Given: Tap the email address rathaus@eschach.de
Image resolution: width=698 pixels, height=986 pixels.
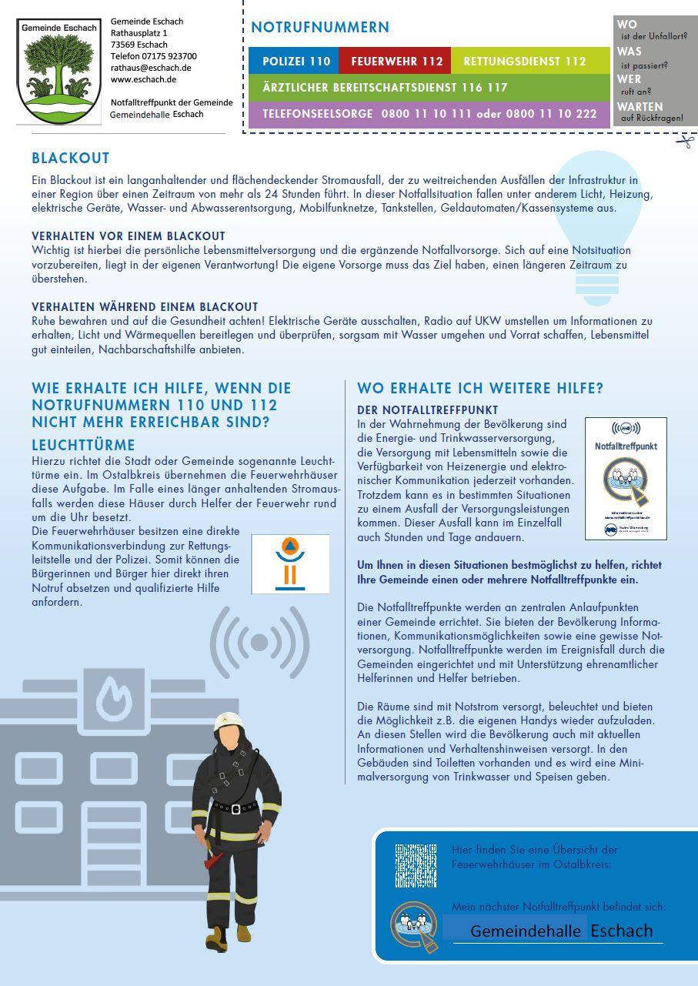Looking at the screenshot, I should point(151,68).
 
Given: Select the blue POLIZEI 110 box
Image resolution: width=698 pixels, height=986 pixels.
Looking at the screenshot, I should point(296,62).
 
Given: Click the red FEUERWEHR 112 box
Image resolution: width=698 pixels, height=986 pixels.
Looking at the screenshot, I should point(396,62).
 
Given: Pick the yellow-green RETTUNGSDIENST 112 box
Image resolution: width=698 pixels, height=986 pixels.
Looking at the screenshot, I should point(525,62).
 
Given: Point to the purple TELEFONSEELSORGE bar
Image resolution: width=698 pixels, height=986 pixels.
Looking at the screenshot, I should point(429,114).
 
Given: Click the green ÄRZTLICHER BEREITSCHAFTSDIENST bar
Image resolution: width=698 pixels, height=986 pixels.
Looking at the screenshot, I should point(429,88).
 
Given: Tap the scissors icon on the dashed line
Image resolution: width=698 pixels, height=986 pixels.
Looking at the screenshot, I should point(684,141).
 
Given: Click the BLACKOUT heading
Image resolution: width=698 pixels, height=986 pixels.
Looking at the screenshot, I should point(71,159).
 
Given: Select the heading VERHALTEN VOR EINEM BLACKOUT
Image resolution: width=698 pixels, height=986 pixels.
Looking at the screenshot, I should point(129,236).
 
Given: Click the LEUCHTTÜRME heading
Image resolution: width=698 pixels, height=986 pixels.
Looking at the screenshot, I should point(83,445).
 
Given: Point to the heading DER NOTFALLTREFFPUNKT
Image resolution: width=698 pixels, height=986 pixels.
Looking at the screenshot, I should point(428,410).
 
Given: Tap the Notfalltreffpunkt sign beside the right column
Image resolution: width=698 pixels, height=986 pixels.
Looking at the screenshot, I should point(626,478).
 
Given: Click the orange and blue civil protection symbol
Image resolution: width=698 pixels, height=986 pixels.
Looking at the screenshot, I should point(290,564).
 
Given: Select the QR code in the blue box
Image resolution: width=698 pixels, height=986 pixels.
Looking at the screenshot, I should point(416,865).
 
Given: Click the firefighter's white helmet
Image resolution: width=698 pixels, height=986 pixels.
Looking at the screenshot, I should point(229,718).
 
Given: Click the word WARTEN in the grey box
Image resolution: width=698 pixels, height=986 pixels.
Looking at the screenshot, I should point(640,107).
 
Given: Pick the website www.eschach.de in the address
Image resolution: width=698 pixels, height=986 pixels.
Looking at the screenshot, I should point(143,79).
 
